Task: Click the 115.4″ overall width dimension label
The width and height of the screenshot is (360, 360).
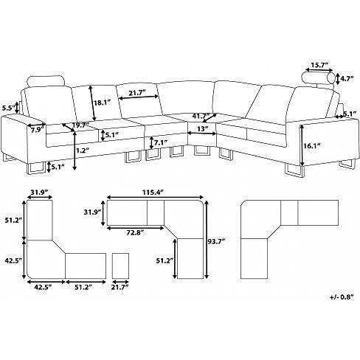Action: [153, 193]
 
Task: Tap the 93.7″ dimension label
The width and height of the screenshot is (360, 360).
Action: [216, 241]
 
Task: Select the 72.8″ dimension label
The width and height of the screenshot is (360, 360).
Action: [135, 232]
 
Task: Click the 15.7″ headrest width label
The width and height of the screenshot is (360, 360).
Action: [319, 65]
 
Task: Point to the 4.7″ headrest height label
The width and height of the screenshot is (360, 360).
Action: [347, 78]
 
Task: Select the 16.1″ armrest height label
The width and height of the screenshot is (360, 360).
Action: [311, 146]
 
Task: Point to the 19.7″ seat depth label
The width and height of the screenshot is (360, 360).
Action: [80, 125]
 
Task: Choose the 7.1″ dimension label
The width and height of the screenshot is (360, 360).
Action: [161, 142]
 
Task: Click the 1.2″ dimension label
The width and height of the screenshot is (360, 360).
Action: [83, 150]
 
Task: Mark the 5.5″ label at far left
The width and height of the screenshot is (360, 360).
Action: [8, 108]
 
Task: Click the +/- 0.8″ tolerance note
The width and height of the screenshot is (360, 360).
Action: [342, 297]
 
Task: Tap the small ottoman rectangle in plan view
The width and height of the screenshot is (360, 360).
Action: [120, 266]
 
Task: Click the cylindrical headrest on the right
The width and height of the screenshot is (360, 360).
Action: [319, 78]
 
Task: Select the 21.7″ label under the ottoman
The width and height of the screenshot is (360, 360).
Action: [120, 287]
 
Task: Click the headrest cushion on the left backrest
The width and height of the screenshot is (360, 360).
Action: [46, 81]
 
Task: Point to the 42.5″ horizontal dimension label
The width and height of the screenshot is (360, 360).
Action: [43, 287]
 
